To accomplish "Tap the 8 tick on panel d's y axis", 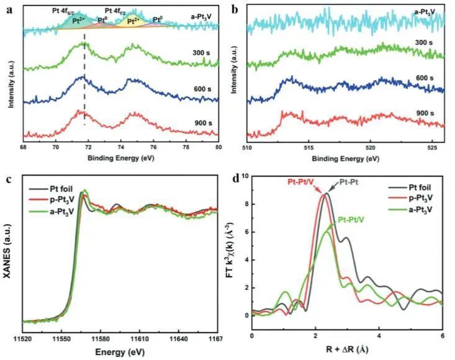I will click(246, 204).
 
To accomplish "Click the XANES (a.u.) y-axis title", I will click(8, 255).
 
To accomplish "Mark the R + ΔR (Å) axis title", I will click(347, 351).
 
